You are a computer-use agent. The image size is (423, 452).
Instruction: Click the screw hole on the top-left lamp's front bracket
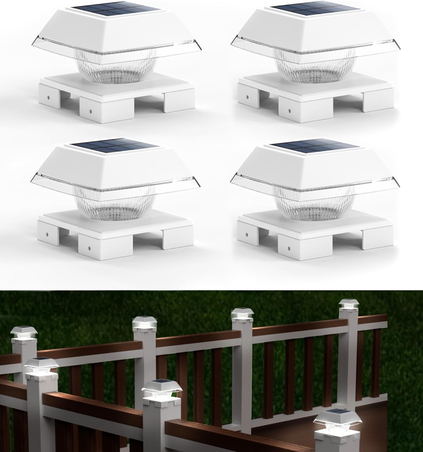(90, 111)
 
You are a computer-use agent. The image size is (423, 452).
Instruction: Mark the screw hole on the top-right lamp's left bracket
(247, 98)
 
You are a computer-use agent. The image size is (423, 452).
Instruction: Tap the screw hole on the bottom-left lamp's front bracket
(89, 249)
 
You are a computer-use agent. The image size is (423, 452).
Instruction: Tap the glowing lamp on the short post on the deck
(331, 420)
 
